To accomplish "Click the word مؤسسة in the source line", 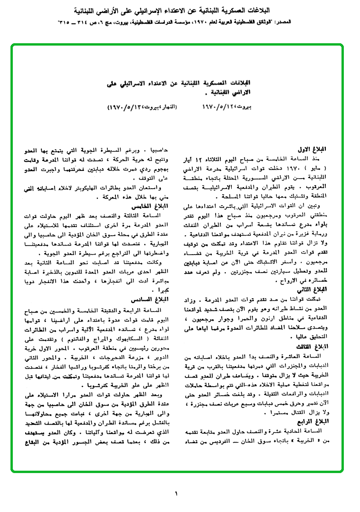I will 208,22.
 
